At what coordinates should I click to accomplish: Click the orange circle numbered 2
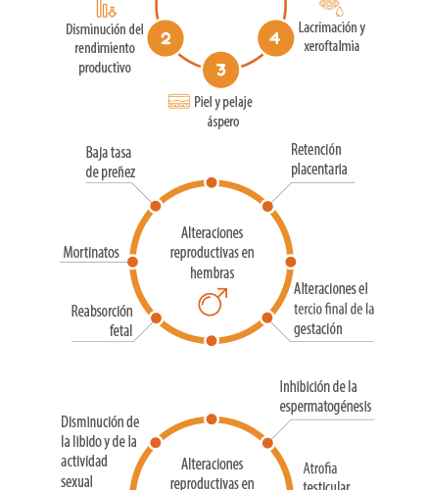(x=166, y=38)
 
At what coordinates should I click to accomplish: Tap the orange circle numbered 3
(x=221, y=70)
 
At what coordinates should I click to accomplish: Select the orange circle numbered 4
(x=275, y=38)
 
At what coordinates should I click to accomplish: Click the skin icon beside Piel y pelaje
(x=179, y=101)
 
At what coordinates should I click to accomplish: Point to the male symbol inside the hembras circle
(x=213, y=302)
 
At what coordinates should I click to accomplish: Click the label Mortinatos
(x=91, y=252)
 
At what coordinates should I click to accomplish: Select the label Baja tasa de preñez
(x=111, y=163)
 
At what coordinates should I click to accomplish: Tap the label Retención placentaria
(x=319, y=160)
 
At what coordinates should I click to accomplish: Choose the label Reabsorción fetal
(x=102, y=320)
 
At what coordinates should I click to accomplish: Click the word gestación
(x=318, y=329)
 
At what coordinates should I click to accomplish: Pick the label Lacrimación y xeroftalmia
(x=332, y=36)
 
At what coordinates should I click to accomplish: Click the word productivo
(x=105, y=68)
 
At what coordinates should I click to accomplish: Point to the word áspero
(x=223, y=122)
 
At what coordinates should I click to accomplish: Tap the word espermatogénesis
(x=325, y=407)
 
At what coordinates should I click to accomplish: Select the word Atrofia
(x=320, y=468)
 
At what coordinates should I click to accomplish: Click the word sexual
(x=76, y=482)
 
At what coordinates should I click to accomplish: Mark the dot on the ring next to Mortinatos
(x=132, y=262)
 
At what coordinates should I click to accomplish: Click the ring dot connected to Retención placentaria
(x=267, y=207)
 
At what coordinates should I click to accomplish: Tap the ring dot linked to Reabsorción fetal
(x=156, y=318)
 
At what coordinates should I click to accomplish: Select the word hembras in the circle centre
(x=213, y=272)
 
